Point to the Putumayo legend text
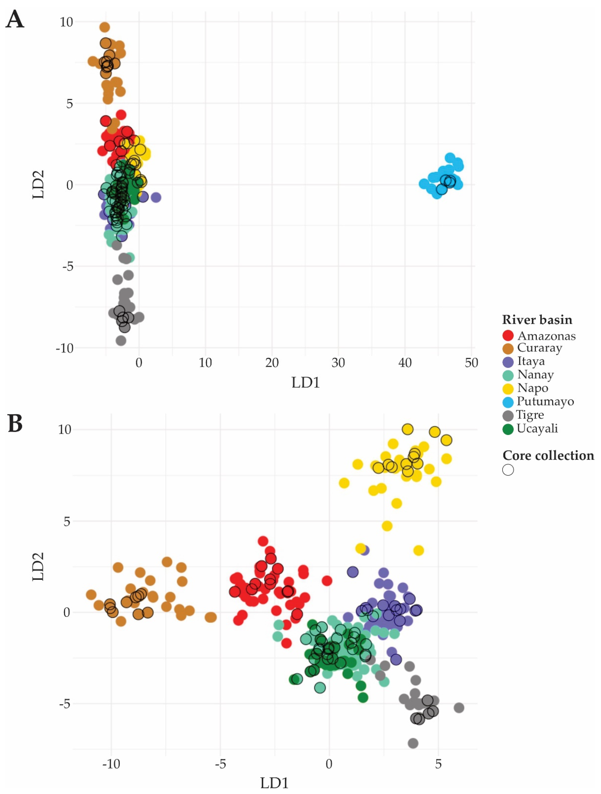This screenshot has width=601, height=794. [545, 401]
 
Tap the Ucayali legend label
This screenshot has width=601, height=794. [537, 428]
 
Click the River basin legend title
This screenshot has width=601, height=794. [537, 320]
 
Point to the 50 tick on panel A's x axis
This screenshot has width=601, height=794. [471, 363]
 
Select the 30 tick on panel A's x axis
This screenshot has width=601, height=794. [338, 363]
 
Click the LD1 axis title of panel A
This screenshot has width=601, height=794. [305, 383]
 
